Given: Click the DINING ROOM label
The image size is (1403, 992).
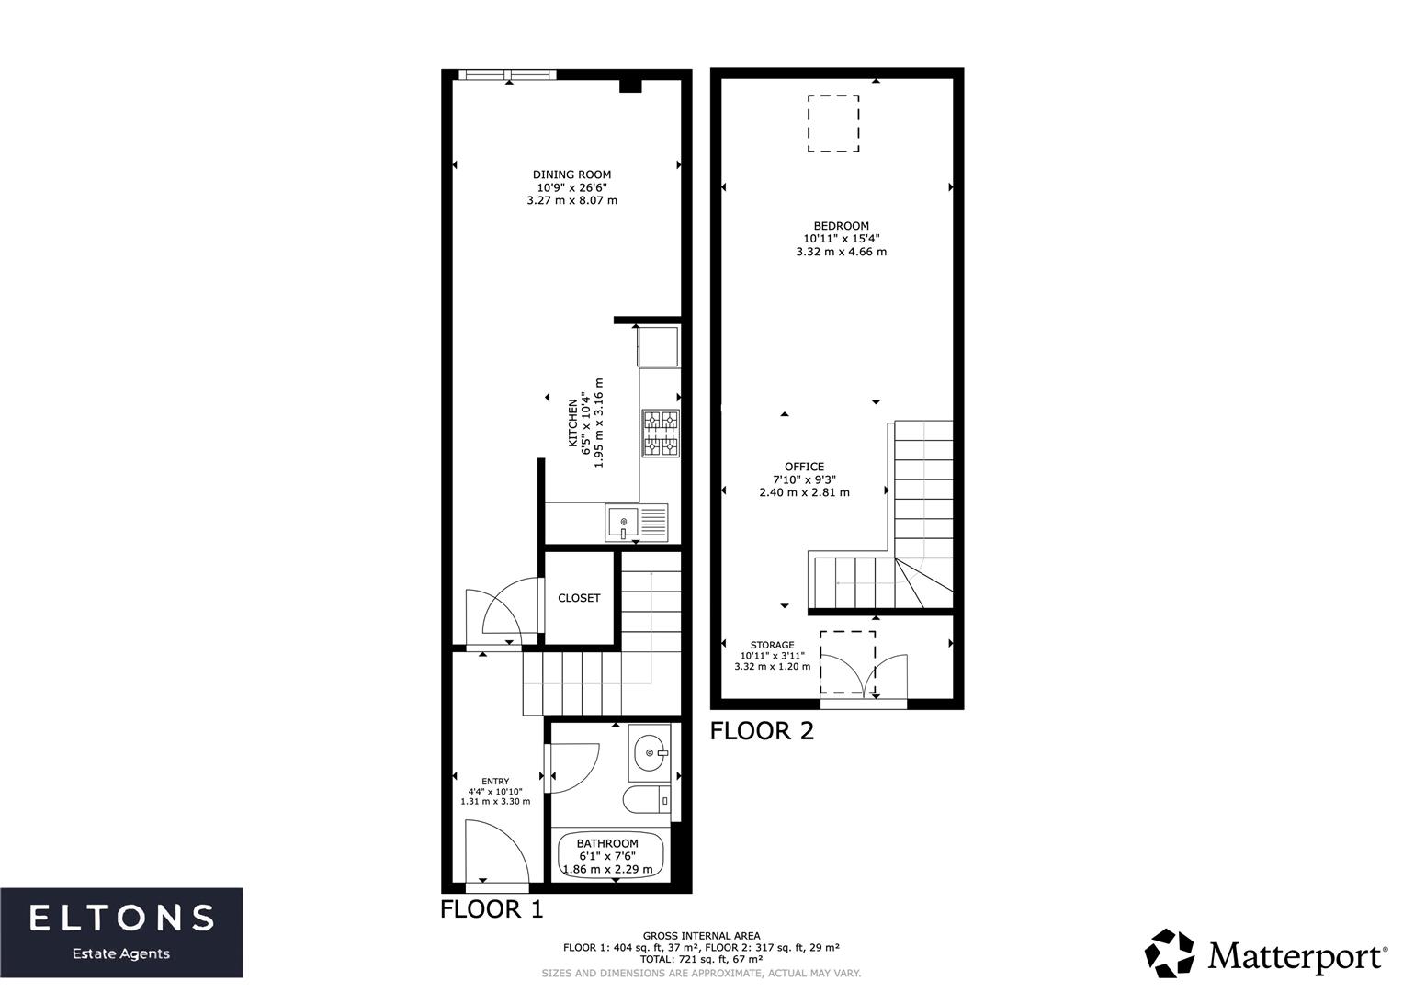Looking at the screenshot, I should tap(571, 175).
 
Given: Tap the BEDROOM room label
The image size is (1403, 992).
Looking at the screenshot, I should tap(841, 226).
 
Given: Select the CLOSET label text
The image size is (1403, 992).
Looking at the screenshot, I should tap(579, 598).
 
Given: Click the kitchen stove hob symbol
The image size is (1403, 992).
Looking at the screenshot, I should tap(661, 434).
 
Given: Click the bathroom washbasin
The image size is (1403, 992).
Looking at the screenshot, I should tap(652, 753).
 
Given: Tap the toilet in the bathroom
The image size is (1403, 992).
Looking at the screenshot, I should tap(648, 800).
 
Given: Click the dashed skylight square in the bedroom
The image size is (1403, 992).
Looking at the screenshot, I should tap(833, 124).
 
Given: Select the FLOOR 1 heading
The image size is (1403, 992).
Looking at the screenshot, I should tap(492, 909).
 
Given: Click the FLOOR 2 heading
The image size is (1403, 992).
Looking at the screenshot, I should tap(762, 731).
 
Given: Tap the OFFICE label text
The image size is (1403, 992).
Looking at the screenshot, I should tap(804, 467).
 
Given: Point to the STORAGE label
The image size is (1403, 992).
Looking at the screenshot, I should tap(772, 645).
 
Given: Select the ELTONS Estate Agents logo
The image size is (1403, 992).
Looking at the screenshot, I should tap(121, 931).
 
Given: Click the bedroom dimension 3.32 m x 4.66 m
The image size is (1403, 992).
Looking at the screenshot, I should tap(841, 252).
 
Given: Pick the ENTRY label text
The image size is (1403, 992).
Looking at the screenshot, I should tap(495, 782).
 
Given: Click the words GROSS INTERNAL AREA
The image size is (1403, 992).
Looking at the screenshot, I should tap(701, 936).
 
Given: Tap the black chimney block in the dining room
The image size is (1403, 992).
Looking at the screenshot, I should tap(630, 86).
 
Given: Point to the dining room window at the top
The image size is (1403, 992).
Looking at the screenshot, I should tap(506, 75).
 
